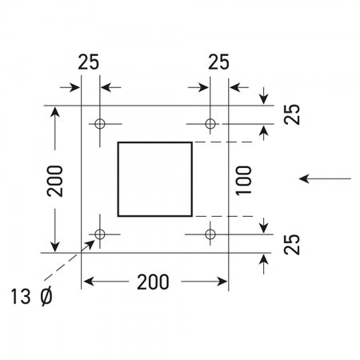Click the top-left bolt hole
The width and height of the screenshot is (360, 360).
point(100,124)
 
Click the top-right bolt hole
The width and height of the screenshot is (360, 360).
point(210,124)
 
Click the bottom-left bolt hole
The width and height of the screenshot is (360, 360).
point(100,234)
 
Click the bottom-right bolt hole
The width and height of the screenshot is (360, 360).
point(210,234)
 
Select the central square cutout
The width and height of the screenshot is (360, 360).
point(155,178)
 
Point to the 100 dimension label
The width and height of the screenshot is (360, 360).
point(246,179)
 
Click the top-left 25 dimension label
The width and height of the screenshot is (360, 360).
point(89,62)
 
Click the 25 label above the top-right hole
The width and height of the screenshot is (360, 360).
point(218,62)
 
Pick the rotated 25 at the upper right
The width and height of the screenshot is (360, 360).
point(292,114)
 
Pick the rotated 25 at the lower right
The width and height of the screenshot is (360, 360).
point(292,244)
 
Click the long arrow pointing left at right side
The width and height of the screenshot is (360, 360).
point(326,178)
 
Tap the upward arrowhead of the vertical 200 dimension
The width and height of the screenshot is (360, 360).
point(54,111)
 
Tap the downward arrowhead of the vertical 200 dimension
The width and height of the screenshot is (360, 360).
point(54,246)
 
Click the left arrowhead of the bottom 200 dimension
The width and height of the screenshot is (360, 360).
point(88,282)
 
